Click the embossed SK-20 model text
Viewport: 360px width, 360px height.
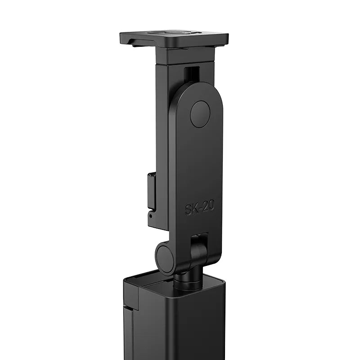click(x=199, y=208)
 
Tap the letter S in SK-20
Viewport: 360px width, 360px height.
click(x=189, y=210)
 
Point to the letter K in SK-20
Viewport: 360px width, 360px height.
click(x=195, y=209)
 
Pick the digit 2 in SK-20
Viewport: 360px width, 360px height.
click(x=205, y=207)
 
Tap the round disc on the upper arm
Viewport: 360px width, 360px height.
click(x=200, y=114)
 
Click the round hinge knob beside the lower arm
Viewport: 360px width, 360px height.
click(x=165, y=257)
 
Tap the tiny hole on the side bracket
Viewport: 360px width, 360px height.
click(x=151, y=216)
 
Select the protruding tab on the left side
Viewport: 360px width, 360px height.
click(x=151, y=191)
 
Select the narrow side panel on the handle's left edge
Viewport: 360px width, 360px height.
click(x=129, y=324)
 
